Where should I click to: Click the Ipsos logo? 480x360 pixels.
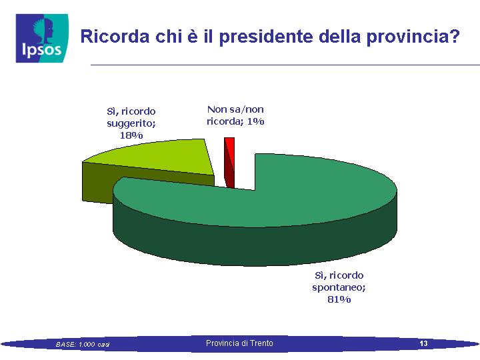click(42, 38)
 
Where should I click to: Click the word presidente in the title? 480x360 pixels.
click(266, 37)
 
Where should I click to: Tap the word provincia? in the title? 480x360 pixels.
click(413, 37)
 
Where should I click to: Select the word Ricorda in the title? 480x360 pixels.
click(115, 36)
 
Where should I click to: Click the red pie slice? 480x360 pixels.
click(229, 163)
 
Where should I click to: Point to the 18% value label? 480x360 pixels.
click(131, 135)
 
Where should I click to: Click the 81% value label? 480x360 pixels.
click(339, 299)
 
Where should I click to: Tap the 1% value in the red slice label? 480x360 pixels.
click(255, 121)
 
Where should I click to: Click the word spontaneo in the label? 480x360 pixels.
click(338, 288)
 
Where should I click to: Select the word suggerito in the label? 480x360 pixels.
click(130, 123)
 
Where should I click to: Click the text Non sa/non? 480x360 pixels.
click(235, 109)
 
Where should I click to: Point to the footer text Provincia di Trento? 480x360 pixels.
click(239, 343)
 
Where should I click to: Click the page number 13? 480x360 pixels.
click(423, 343)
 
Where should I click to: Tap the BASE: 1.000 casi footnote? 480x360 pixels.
click(83, 345)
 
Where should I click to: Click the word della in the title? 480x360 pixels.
click(339, 36)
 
